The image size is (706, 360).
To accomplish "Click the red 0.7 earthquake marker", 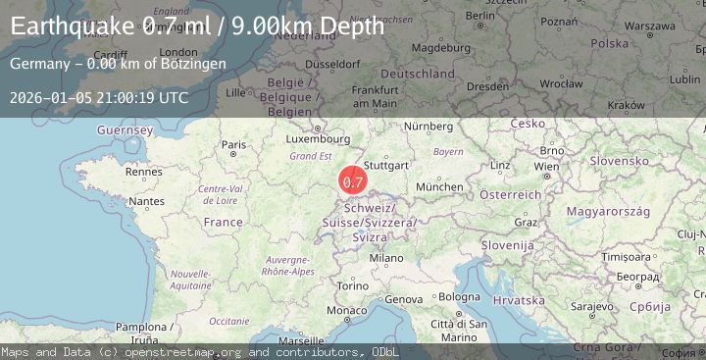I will tap(353, 181).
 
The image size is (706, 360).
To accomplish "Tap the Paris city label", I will tap(234, 145).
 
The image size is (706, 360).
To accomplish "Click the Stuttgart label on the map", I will tap(385, 166).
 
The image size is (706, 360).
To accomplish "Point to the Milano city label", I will tap(386, 258).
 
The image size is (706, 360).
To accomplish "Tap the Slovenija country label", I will tap(506, 244).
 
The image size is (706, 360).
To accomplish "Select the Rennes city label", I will tap(142, 172).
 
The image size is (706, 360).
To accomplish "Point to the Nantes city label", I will tap(146, 201).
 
